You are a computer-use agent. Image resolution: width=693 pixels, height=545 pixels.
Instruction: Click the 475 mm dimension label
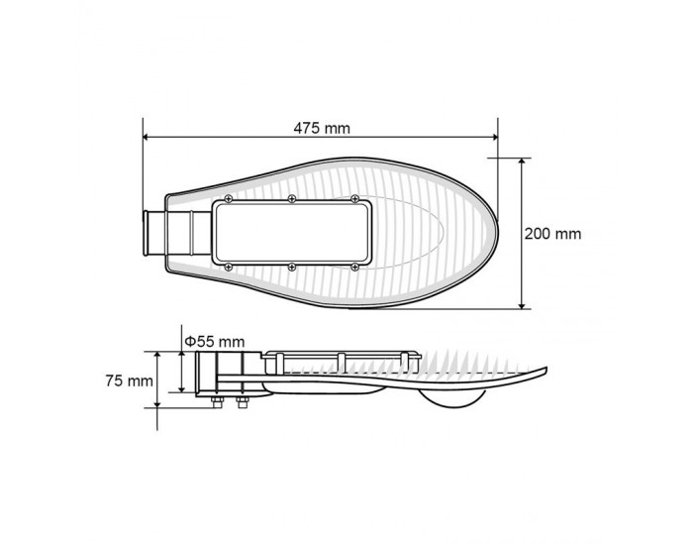322,128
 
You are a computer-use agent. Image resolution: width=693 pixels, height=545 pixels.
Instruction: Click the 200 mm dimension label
552,234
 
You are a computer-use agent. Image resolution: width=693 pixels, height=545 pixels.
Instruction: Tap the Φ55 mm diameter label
215,342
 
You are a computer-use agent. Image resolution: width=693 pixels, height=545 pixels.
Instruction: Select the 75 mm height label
129,381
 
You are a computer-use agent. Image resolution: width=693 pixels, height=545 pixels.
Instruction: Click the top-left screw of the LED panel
228,199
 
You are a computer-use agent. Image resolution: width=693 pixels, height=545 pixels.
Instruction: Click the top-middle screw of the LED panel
292,199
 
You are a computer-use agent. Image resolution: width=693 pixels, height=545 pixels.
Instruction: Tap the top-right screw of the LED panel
354,199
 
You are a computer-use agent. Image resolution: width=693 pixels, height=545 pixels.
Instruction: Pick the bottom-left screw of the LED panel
228,267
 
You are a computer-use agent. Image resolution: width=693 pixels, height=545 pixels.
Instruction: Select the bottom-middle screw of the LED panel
292,267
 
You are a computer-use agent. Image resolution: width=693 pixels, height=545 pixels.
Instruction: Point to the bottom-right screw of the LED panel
354,267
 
